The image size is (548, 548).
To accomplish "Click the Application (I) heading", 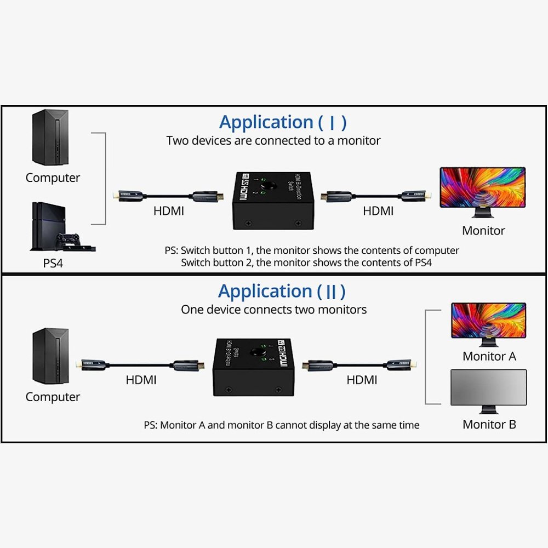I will (283, 122).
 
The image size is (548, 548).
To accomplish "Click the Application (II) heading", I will (282, 291).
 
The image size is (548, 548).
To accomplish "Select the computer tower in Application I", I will (50, 137).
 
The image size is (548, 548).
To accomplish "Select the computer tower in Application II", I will (50, 356).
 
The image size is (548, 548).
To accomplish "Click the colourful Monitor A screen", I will (488, 321).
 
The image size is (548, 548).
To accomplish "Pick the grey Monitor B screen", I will (488, 388).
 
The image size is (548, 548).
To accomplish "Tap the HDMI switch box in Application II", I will (254, 366).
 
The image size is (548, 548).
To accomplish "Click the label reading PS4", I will (53, 263).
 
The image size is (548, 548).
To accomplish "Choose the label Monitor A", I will (489, 356).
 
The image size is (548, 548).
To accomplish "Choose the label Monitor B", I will (489, 424).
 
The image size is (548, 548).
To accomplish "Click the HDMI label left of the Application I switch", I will (168, 210).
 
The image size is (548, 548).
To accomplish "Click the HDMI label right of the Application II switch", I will (362, 379).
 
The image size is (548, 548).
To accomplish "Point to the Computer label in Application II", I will (53, 397).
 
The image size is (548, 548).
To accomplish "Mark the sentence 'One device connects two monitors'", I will (273, 310).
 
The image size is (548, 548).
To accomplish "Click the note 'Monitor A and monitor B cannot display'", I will (282, 425).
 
